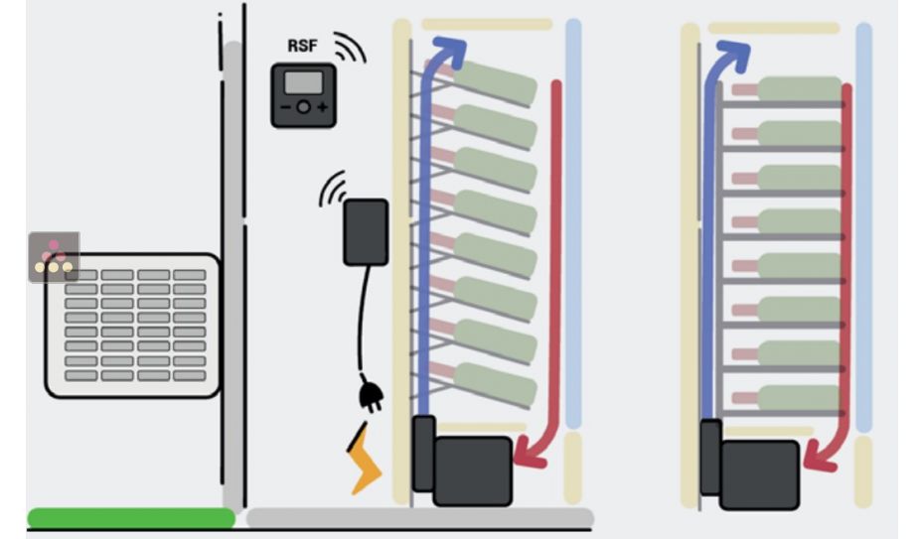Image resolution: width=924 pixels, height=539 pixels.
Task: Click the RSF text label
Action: [304, 46]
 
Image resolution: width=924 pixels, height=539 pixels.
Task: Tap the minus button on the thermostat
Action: [286, 106]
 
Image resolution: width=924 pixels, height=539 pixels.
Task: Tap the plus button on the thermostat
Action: [322, 106]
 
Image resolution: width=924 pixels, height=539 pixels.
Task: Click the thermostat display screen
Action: [304, 82]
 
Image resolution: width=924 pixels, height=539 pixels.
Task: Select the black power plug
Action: [373, 398]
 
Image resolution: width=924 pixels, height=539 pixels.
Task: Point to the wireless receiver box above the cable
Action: [366, 232]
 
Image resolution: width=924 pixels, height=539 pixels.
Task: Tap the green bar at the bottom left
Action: [130, 517]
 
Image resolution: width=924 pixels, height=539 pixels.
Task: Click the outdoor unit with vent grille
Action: [133, 326]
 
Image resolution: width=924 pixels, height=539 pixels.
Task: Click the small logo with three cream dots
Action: [54, 258]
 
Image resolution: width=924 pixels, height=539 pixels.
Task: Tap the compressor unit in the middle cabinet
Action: [471, 469]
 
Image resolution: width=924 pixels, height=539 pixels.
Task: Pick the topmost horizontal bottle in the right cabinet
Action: [795, 89]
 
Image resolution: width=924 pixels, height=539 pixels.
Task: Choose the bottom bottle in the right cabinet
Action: [795, 398]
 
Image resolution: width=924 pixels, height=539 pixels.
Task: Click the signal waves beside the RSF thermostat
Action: [349, 48]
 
